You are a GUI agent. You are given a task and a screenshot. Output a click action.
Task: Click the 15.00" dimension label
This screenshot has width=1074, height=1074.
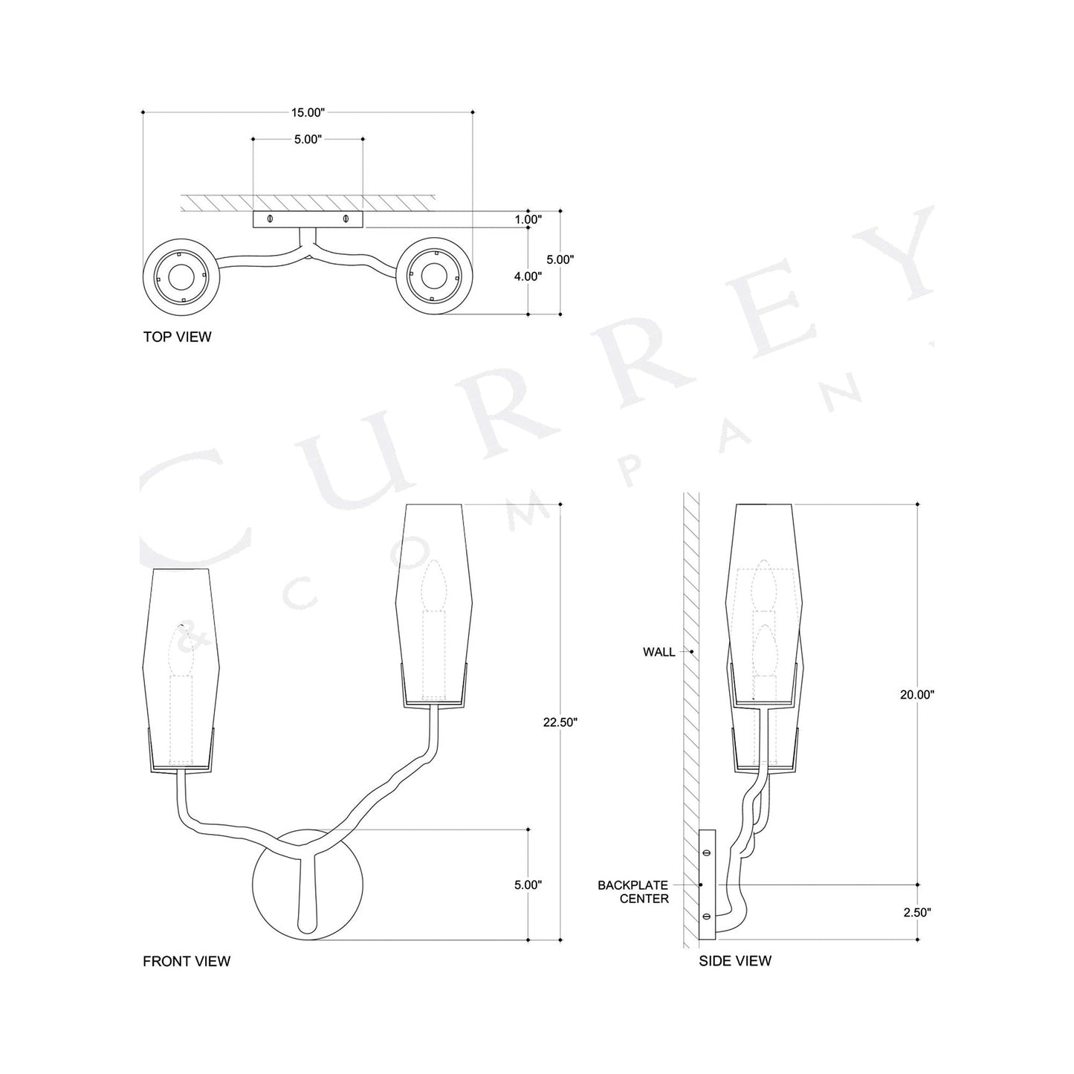pos(308,113)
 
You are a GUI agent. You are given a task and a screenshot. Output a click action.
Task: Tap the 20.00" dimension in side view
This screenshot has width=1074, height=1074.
pos(917,694)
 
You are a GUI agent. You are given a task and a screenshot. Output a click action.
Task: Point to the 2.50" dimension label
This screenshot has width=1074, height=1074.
pos(917,913)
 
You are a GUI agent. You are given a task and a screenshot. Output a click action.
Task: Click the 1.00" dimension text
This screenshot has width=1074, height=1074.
pos(528,219)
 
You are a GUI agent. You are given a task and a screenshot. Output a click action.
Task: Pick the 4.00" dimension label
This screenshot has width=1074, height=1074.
pos(528,276)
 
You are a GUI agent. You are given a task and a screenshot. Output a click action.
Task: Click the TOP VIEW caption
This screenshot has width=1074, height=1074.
pos(177,337)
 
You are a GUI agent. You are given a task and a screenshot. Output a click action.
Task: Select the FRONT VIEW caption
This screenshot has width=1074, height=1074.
pos(187,961)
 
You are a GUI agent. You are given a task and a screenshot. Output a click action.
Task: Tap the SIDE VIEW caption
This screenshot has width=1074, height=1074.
pos(735,961)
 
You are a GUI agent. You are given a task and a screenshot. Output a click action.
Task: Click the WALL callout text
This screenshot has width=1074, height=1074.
pos(659,652)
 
